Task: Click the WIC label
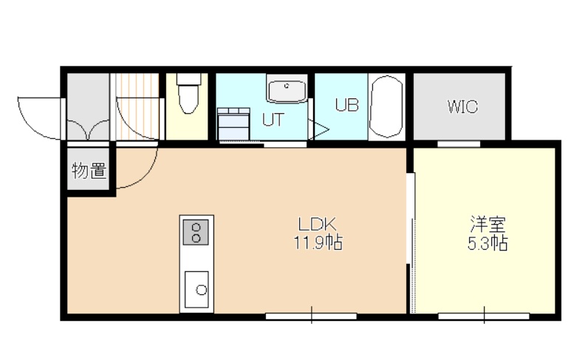point(462,106)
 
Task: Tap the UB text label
point(347,105)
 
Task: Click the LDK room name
point(317,225)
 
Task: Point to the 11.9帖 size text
point(318,242)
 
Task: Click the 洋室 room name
point(488,225)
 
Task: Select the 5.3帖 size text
point(488,243)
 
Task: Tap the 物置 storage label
point(89,171)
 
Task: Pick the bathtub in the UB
point(386,107)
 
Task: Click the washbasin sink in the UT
point(287,89)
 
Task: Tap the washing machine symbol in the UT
point(234,123)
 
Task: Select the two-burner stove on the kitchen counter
point(195,232)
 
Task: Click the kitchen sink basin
point(196,290)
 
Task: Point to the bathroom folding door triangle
point(318,130)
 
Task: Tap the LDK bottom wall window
point(311,316)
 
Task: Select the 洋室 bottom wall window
point(484,316)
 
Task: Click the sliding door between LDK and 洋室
point(411,242)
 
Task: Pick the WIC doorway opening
point(459,143)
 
